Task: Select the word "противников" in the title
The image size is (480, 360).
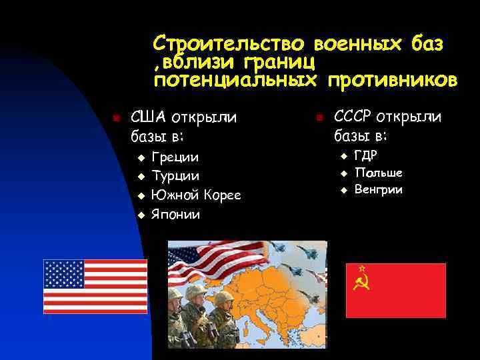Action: (393, 81)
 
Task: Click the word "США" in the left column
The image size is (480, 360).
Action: (147, 117)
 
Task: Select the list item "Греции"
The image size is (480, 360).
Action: (175, 157)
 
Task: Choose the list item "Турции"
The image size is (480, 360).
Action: (175, 176)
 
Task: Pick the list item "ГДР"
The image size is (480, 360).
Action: (366, 155)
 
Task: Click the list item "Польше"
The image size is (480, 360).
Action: (378, 173)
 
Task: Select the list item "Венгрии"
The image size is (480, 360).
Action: (379, 190)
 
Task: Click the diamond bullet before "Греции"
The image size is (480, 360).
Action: (141, 158)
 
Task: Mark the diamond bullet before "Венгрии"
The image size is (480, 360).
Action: (345, 191)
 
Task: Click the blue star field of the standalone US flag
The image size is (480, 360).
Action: (64, 273)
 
